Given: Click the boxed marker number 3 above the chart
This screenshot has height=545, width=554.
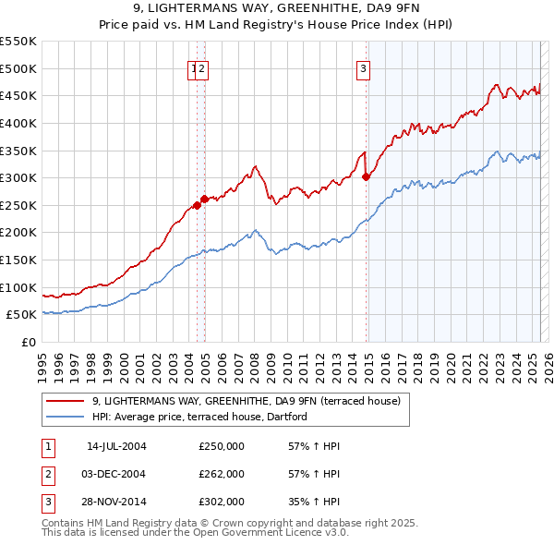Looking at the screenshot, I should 364,68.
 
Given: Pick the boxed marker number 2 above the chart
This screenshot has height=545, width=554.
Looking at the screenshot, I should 201,68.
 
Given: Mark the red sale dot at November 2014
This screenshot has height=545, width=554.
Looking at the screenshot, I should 367,176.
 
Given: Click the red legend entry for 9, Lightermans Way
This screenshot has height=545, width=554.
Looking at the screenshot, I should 246,401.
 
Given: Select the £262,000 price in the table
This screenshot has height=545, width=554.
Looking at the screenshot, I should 222,474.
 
